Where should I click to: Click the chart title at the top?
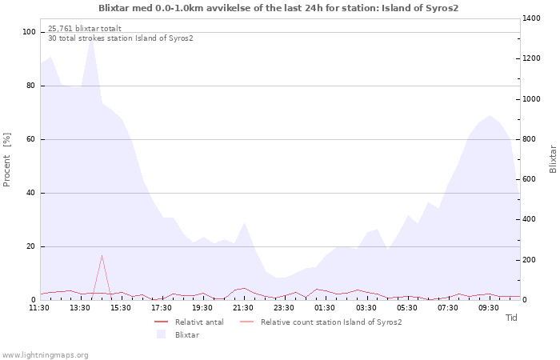(x=278, y=8)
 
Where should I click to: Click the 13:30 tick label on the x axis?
(x=80, y=308)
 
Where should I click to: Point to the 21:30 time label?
(x=243, y=308)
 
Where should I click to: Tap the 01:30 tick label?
(x=325, y=308)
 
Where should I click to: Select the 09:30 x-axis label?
(x=488, y=308)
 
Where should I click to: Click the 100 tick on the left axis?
(x=29, y=32)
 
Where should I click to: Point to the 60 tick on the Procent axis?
(x=30, y=139)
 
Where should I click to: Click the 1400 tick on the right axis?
(x=531, y=18)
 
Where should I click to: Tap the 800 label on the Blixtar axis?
(x=530, y=139)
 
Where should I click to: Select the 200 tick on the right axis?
(x=530, y=260)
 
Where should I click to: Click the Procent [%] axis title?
(x=6, y=160)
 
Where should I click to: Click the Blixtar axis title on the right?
(x=553, y=159)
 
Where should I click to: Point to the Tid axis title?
(x=511, y=318)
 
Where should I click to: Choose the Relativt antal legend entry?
(x=189, y=322)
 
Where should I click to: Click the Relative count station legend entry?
(x=321, y=322)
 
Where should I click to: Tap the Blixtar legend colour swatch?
(x=161, y=334)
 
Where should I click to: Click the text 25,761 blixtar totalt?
(x=85, y=29)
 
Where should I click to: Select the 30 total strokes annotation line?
(x=120, y=38)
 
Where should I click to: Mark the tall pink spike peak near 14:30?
(x=102, y=255)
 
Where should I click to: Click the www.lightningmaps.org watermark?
(x=45, y=355)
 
